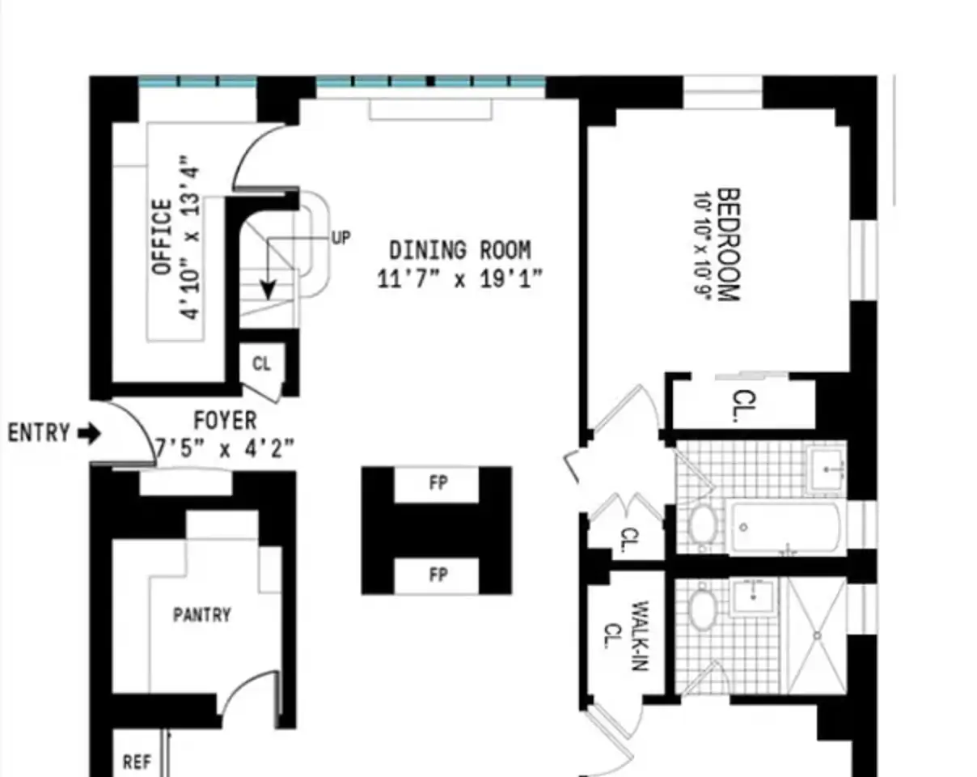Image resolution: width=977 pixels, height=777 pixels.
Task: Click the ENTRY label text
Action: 39,432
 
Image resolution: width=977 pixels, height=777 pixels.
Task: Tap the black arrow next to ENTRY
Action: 89,433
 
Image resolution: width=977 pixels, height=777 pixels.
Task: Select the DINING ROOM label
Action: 460,250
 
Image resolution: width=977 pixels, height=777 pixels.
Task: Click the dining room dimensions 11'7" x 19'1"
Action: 460,278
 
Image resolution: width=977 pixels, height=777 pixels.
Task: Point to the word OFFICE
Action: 162,236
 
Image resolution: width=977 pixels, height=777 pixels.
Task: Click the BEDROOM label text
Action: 729,244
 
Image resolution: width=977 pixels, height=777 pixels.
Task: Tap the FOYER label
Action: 225,420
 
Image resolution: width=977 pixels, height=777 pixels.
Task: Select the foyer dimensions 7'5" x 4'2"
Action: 225,448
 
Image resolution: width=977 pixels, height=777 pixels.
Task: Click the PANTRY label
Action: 202,615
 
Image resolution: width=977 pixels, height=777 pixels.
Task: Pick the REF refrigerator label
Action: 137,762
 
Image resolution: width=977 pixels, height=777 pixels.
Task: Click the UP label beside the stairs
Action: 341,238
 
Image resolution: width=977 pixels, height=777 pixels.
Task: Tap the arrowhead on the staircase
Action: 268,291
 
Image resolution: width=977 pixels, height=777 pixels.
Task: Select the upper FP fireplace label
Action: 438,483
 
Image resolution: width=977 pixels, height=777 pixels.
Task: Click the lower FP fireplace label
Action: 438,575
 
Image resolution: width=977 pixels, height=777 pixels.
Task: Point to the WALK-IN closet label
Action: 641,635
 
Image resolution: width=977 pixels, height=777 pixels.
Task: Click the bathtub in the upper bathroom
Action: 785,528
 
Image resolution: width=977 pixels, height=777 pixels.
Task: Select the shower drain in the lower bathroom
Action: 817,636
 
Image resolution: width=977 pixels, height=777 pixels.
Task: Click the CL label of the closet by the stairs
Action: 261,363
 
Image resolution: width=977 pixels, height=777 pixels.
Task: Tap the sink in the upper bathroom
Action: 827,469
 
